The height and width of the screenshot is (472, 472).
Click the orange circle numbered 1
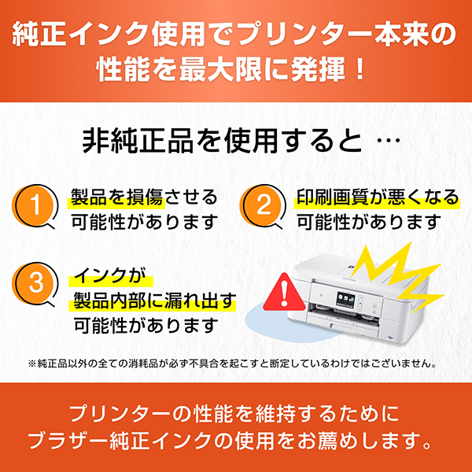tap(34, 205)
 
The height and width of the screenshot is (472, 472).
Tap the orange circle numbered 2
tap(262, 205)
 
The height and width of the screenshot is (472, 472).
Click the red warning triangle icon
tap(283, 293)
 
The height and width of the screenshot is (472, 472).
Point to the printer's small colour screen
tap(345, 301)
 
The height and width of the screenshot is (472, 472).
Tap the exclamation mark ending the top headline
tap(359, 70)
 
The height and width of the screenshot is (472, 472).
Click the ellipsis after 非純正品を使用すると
tap(389, 141)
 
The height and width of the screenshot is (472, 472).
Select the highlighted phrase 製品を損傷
tap(117, 197)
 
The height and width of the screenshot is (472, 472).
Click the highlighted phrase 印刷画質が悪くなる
tap(378, 197)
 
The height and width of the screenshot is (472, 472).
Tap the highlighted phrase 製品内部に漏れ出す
tap(154, 301)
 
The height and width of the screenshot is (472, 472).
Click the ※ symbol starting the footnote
tap(32, 363)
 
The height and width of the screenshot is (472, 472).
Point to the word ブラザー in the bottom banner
tap(68, 441)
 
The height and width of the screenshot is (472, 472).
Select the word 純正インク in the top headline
tap(81, 34)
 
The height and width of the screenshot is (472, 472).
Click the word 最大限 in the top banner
tap(220, 70)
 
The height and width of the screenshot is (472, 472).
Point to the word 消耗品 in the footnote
tap(143, 363)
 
